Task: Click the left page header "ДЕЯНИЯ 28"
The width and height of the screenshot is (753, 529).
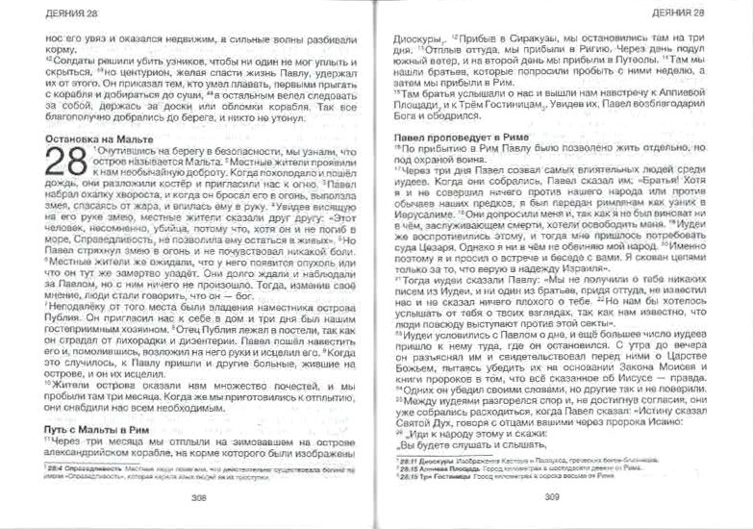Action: click(49, 13)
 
